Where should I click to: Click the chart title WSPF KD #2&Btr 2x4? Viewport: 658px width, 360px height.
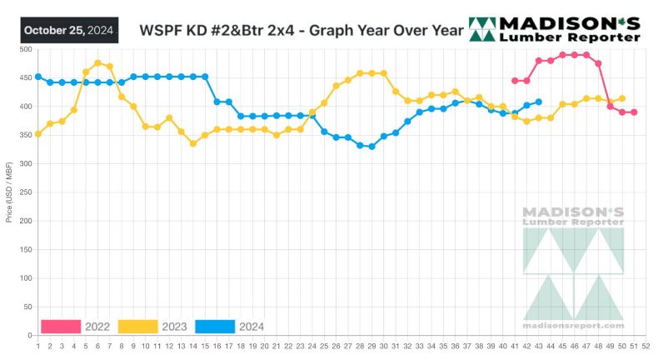coord(301,31)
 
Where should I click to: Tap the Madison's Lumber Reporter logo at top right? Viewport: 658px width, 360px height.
coord(555,29)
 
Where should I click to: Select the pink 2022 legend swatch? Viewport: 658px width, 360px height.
coord(61,326)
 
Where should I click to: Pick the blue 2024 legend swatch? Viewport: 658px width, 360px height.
coord(215,326)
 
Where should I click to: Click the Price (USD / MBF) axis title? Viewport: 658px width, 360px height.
coord(8,192)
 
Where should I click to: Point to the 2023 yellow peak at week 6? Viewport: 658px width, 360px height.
coord(98,62)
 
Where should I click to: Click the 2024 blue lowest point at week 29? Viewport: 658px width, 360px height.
coord(371,147)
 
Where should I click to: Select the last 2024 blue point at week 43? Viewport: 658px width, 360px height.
coord(538,102)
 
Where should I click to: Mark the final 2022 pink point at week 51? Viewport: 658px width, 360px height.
coord(634,112)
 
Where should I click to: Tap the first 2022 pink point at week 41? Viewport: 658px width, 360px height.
coord(515,80)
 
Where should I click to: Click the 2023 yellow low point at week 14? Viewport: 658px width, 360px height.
coord(193,143)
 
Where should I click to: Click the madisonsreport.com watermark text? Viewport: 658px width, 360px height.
coord(573,325)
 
